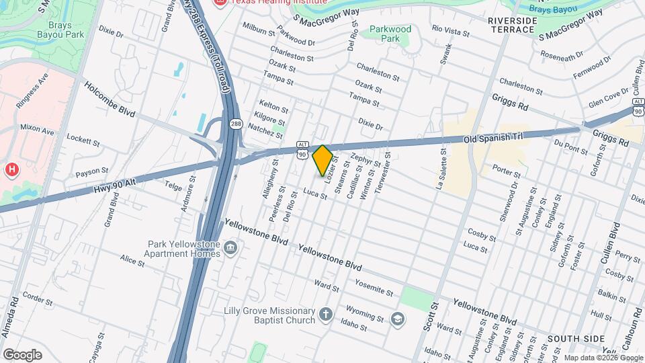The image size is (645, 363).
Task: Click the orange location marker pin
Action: pyautogui.click(x=322, y=160)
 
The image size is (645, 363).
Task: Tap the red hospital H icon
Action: pyautogui.click(x=11, y=169)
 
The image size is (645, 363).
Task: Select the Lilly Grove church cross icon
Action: pyautogui.click(x=325, y=315)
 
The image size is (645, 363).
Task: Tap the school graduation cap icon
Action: pyautogui.click(x=398, y=318)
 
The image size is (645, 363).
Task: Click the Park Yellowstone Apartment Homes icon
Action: pyautogui.click(x=230, y=249)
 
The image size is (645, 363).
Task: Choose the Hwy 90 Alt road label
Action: pyautogui.click(x=116, y=182)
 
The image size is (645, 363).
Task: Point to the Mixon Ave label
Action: pyautogui.click(x=37, y=127)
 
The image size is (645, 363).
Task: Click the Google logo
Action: pyautogui.click(x=21, y=354)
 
